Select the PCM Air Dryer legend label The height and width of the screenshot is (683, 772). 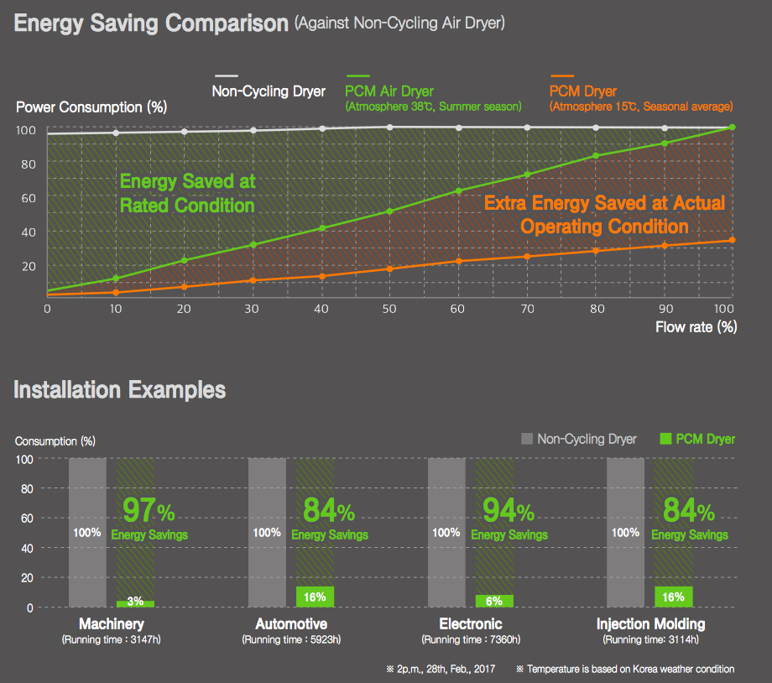point(389,91)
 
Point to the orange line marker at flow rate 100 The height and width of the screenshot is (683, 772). point(733,241)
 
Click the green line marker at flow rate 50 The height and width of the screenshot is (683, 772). point(390,211)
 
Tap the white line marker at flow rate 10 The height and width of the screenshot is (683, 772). point(116,133)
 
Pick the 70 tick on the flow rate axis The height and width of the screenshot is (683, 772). point(527,309)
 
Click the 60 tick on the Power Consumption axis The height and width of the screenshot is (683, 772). point(29,197)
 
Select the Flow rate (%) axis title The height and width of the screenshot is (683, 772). point(696,327)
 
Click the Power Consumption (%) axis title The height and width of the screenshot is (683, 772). point(91,107)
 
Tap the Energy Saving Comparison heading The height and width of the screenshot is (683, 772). point(151,23)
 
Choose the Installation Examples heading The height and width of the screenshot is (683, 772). point(120,390)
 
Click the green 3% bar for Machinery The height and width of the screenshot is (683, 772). point(135,603)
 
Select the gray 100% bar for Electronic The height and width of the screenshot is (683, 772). point(446,533)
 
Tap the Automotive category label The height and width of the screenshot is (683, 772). point(291,624)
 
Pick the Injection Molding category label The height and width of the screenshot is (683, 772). point(650,624)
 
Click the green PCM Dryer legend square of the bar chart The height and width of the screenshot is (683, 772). point(666,439)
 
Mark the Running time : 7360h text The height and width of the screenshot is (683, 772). point(471,640)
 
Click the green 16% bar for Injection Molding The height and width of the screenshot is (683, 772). point(674,597)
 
